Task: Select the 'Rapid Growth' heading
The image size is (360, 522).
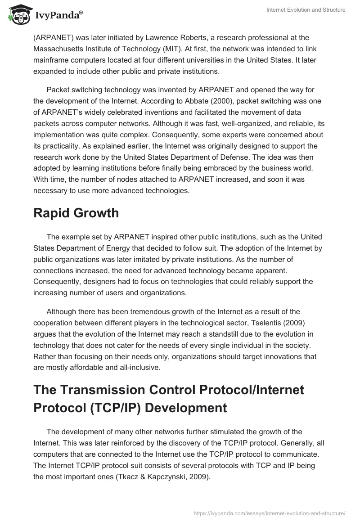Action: pyautogui.click(x=76, y=213)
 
